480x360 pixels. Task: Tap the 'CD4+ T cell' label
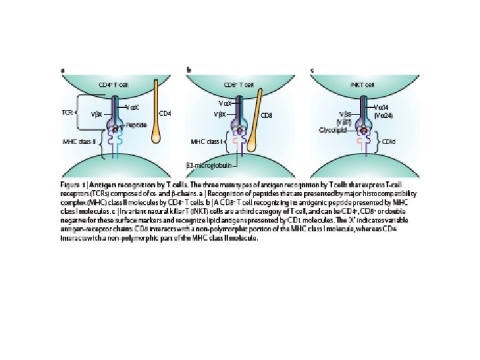(113, 85)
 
